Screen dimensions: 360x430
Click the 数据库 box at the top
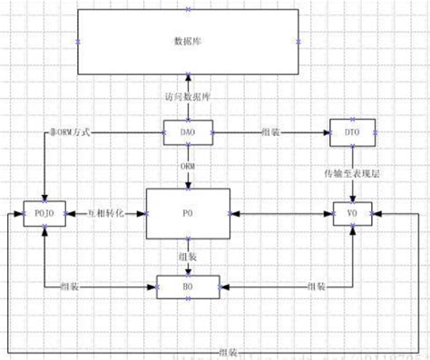point(188,42)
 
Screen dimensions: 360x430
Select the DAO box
point(188,132)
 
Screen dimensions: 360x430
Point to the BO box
point(188,287)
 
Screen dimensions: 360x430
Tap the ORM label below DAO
point(188,166)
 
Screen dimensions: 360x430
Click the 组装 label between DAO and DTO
point(269,133)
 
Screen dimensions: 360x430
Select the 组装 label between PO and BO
point(188,256)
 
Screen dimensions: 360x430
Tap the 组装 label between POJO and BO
point(69,287)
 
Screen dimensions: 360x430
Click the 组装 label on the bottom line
point(227,350)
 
